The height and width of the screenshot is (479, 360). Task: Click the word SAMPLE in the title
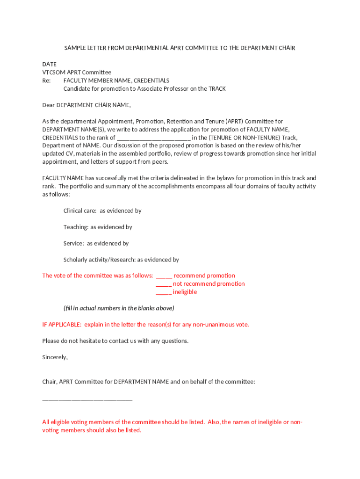coord(75,48)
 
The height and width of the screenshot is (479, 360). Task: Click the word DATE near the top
coord(49,64)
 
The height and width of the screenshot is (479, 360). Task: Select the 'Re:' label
coord(46,80)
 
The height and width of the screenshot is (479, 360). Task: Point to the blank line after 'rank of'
coord(153,138)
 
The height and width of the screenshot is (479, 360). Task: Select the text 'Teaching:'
coord(76,227)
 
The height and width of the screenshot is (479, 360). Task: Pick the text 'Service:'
coord(74,243)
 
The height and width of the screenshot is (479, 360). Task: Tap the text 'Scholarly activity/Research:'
coord(100,260)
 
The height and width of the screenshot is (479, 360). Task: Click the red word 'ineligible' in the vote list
coord(185,292)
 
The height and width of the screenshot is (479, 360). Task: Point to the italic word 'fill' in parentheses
coord(69,308)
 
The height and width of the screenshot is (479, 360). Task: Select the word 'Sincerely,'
coord(55,357)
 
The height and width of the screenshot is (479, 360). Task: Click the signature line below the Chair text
coord(87,399)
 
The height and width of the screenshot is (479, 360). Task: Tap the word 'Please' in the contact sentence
coord(51,341)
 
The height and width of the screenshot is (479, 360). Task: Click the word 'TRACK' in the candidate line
coord(217,88)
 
